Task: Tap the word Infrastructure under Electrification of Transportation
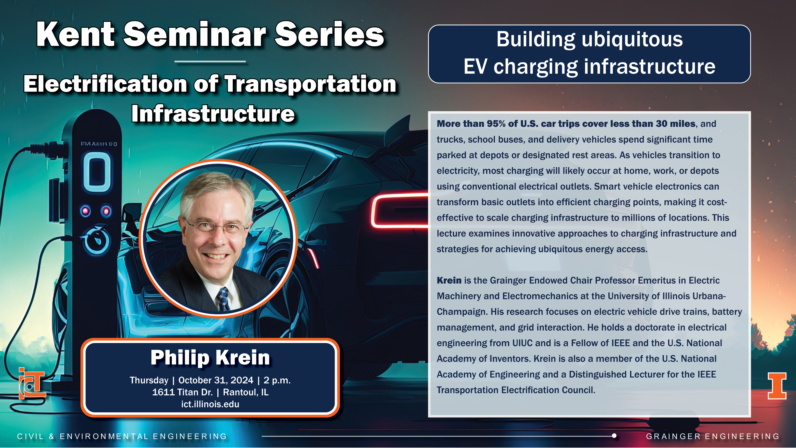click(x=213, y=113)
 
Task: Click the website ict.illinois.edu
click(x=210, y=404)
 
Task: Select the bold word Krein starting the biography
click(x=449, y=280)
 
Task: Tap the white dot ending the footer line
click(x=614, y=436)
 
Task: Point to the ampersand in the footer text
click(x=52, y=436)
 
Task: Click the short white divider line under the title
click(x=210, y=62)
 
